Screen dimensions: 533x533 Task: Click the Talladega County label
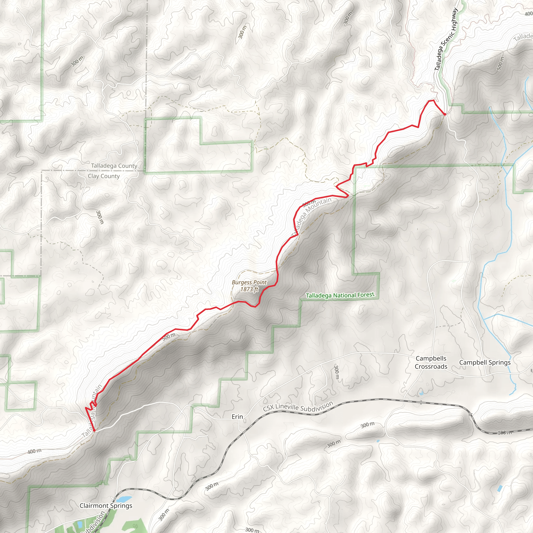tap(114, 166)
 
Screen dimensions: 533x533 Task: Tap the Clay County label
tap(104, 176)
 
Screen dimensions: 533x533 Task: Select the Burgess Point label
tap(249, 282)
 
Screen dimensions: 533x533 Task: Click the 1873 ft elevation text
tap(249, 289)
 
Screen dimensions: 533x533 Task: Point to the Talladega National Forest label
tap(340, 295)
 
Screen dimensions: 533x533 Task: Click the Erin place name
tap(237, 417)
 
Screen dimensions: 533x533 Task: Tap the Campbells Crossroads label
tap(431, 362)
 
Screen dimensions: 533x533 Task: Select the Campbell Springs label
tap(485, 363)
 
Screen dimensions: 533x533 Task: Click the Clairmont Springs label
tap(106, 506)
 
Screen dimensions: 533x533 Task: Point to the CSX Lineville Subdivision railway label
tap(298, 407)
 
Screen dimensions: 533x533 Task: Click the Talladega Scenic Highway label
tap(446, 39)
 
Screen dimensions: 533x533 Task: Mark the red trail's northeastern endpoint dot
tap(445, 114)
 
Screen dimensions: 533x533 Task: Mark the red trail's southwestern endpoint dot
tap(94, 430)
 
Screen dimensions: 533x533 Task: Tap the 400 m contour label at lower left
tap(35, 451)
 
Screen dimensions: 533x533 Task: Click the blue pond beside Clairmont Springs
tap(124, 499)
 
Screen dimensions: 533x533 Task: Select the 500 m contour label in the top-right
tap(500, 64)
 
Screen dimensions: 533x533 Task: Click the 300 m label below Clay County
tap(100, 217)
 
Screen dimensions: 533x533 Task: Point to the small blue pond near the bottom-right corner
tap(499, 489)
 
